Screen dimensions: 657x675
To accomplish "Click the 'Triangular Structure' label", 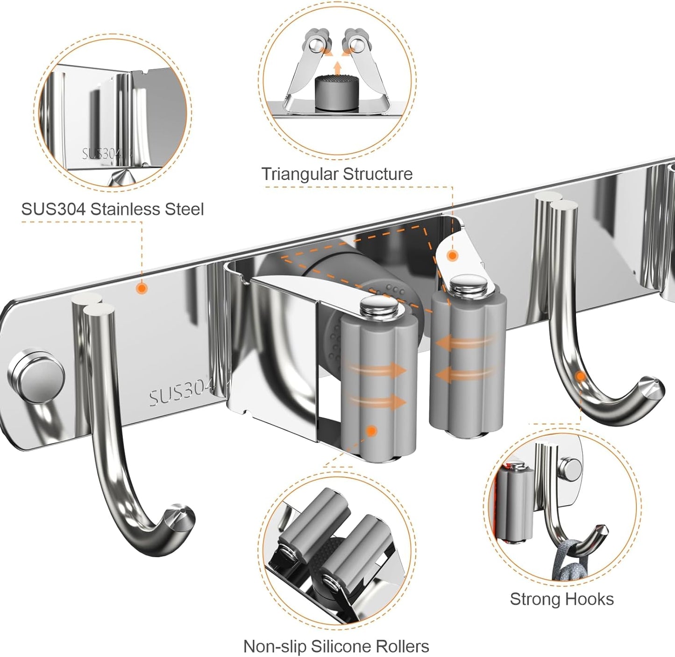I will click(x=337, y=174).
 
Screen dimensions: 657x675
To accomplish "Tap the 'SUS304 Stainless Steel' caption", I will click(x=113, y=208).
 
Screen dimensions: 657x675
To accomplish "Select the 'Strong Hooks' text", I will click(x=561, y=599).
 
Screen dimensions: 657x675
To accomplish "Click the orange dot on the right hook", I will click(x=580, y=376).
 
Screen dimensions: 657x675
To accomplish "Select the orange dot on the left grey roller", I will click(x=372, y=431).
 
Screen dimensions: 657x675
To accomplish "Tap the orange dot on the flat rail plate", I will click(x=141, y=289).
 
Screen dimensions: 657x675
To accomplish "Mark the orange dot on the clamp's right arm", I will click(x=452, y=256).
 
